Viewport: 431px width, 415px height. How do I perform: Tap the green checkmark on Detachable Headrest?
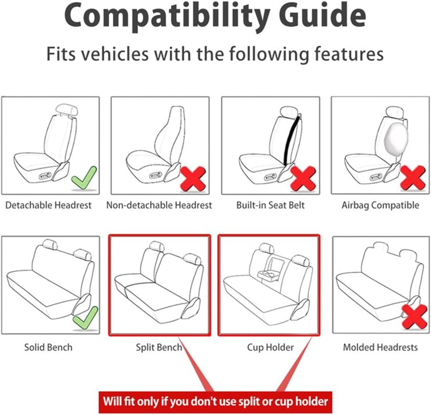pyautogui.click(x=84, y=178)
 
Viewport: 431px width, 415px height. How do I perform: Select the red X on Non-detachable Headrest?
pyautogui.click(x=193, y=178)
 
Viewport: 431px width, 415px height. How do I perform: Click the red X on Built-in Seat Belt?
pyautogui.click(x=303, y=178)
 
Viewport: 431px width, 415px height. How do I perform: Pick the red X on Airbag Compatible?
pyautogui.click(x=413, y=178)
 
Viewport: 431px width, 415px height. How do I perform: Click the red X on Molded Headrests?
pyautogui.click(x=414, y=317)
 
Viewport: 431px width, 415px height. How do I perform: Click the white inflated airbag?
pyautogui.click(x=396, y=137)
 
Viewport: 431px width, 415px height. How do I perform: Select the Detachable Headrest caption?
pyautogui.click(x=48, y=205)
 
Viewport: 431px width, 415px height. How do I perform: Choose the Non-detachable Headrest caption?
pyautogui.click(x=159, y=205)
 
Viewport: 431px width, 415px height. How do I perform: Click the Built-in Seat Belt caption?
pyautogui.click(x=270, y=205)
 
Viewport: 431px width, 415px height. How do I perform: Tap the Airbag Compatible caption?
pyautogui.click(x=380, y=205)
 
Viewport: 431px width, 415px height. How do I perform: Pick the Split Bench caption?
pyautogui.click(x=159, y=347)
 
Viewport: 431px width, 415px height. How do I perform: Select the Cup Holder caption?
pyautogui.click(x=270, y=347)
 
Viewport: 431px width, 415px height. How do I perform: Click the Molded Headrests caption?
pyautogui.click(x=380, y=347)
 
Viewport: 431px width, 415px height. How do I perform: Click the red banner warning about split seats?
pyautogui.click(x=215, y=402)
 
